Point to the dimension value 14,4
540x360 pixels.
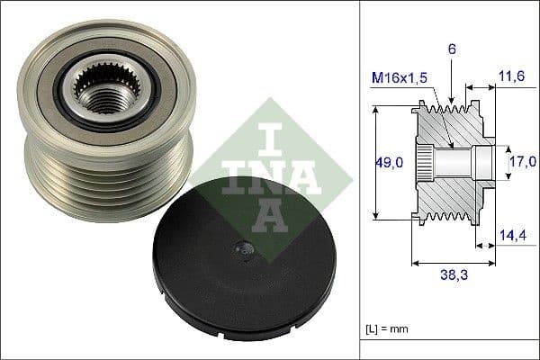512,237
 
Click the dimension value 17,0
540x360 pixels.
522,162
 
